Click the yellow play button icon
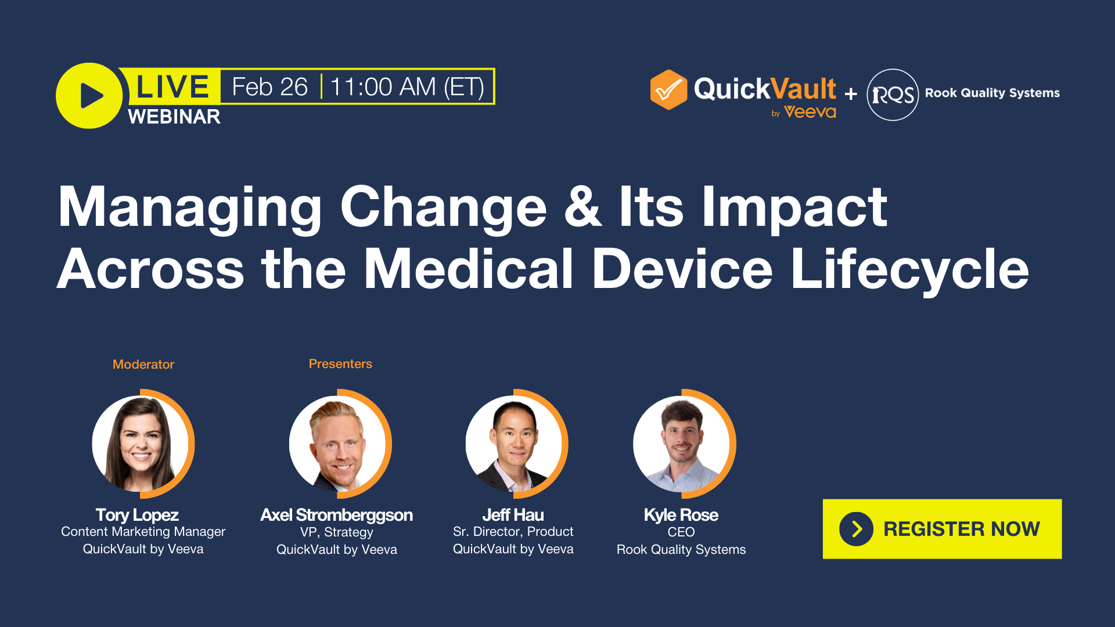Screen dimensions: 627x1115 [89, 96]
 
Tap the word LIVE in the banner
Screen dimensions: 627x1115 [172, 87]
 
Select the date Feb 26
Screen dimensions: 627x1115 [269, 87]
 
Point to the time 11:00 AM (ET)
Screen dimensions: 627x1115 [407, 87]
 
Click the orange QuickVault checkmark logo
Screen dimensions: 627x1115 [668, 90]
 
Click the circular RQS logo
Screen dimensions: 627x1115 [893, 95]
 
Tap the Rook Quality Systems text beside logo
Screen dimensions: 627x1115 [992, 93]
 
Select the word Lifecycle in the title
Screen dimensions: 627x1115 [909, 269]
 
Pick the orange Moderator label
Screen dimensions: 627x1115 [143, 365]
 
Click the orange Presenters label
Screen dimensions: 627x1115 [340, 364]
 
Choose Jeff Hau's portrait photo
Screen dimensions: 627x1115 [515, 444]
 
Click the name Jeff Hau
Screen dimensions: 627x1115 [513, 515]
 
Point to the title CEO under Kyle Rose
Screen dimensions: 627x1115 [681, 532]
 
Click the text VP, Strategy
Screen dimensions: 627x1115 [336, 532]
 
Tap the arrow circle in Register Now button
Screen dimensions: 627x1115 [856, 529]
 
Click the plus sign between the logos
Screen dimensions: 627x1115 [851, 93]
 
